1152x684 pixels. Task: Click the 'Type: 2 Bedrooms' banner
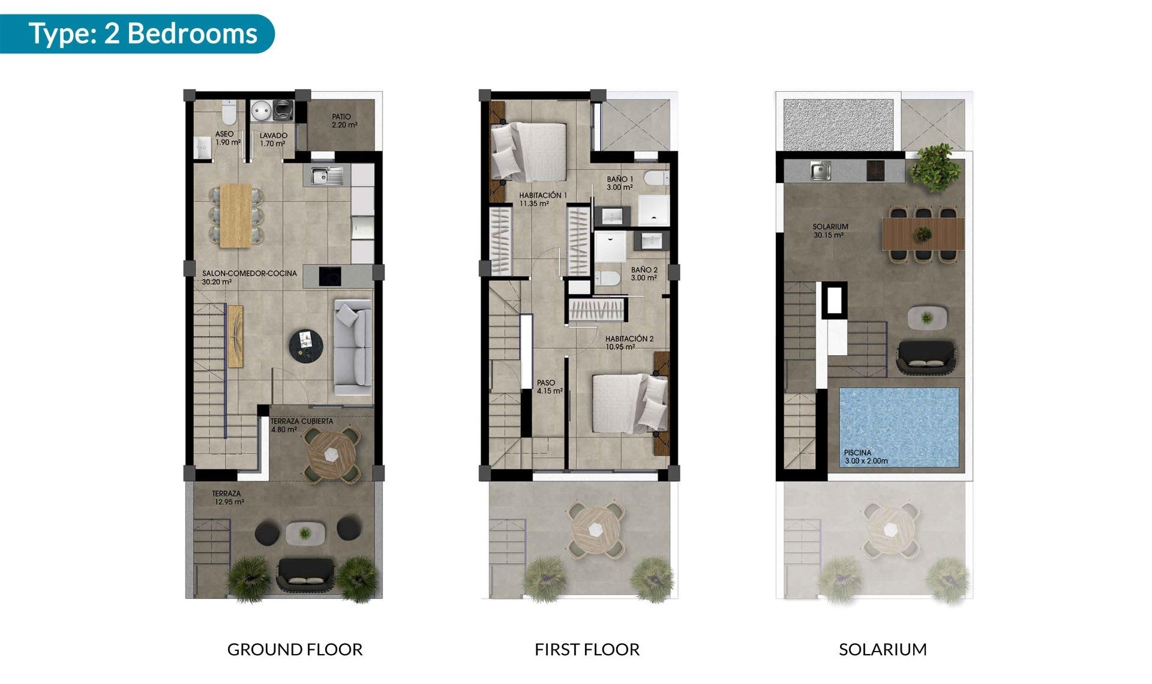143,34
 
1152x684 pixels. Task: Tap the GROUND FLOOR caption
295,649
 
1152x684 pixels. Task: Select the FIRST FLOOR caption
587,649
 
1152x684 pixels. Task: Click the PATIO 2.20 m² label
344,121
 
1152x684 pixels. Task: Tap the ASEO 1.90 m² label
227,138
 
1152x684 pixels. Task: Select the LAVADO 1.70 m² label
273,139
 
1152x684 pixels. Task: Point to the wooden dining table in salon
236,215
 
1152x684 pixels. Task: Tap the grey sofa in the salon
352,347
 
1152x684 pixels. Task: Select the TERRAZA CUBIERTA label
301,425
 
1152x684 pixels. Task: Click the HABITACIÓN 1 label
542,199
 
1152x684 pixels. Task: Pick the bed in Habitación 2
627,403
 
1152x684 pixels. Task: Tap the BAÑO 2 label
644,274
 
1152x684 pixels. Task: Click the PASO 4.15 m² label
549,386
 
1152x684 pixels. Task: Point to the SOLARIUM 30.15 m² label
830,231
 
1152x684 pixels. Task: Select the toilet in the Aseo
229,112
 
